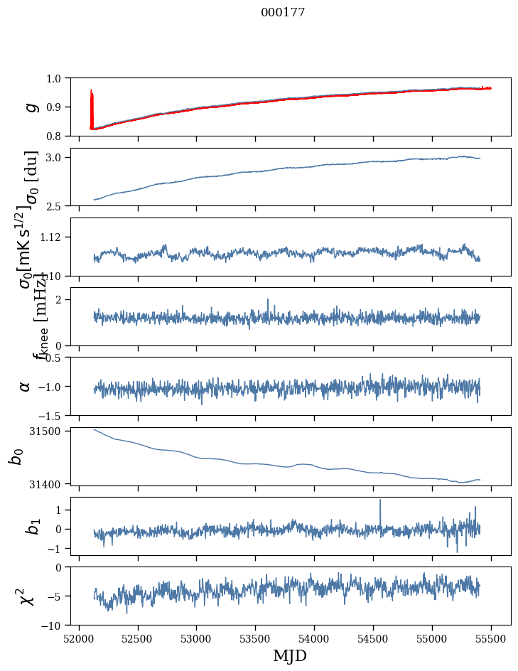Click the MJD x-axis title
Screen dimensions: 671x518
pyautogui.click(x=290, y=655)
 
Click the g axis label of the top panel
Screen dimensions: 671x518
pyautogui.click(x=31, y=107)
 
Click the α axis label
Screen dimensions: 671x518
pyautogui.click(x=26, y=386)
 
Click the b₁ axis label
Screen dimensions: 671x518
pyautogui.click(x=31, y=527)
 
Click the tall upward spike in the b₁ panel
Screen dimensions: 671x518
pyautogui.click(x=380, y=500)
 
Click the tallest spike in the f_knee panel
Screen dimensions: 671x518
pyautogui.click(x=268, y=300)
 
